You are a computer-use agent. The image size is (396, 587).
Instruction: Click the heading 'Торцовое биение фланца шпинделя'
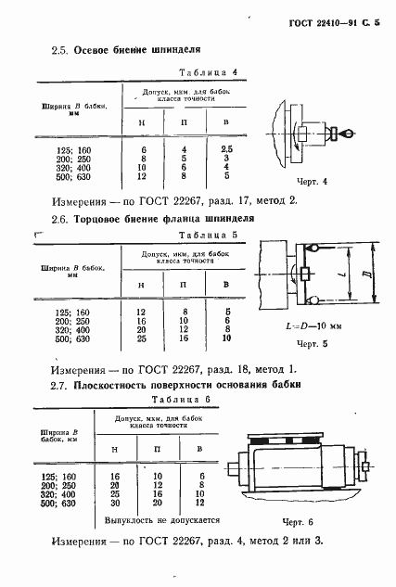coord(157,218)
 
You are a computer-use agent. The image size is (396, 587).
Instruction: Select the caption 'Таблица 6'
coord(182,399)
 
